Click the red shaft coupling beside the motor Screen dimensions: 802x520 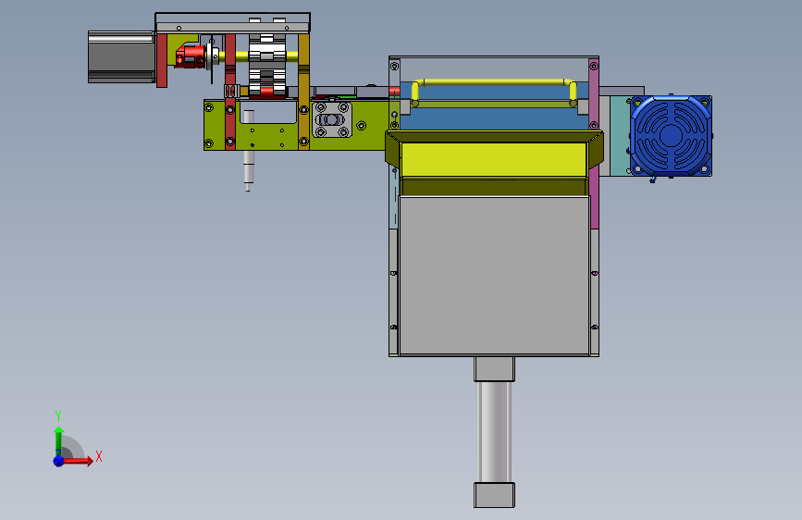click(191, 56)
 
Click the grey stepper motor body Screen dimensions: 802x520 click(122, 56)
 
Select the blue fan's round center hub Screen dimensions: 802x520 click(671, 136)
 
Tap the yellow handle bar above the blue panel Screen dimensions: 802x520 click(495, 82)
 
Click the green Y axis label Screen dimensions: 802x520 click(58, 415)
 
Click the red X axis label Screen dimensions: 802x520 click(99, 456)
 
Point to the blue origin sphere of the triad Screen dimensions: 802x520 click(59, 461)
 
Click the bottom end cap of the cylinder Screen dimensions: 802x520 click(494, 495)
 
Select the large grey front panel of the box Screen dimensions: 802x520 click(494, 276)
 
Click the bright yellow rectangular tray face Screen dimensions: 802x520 click(494, 160)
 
